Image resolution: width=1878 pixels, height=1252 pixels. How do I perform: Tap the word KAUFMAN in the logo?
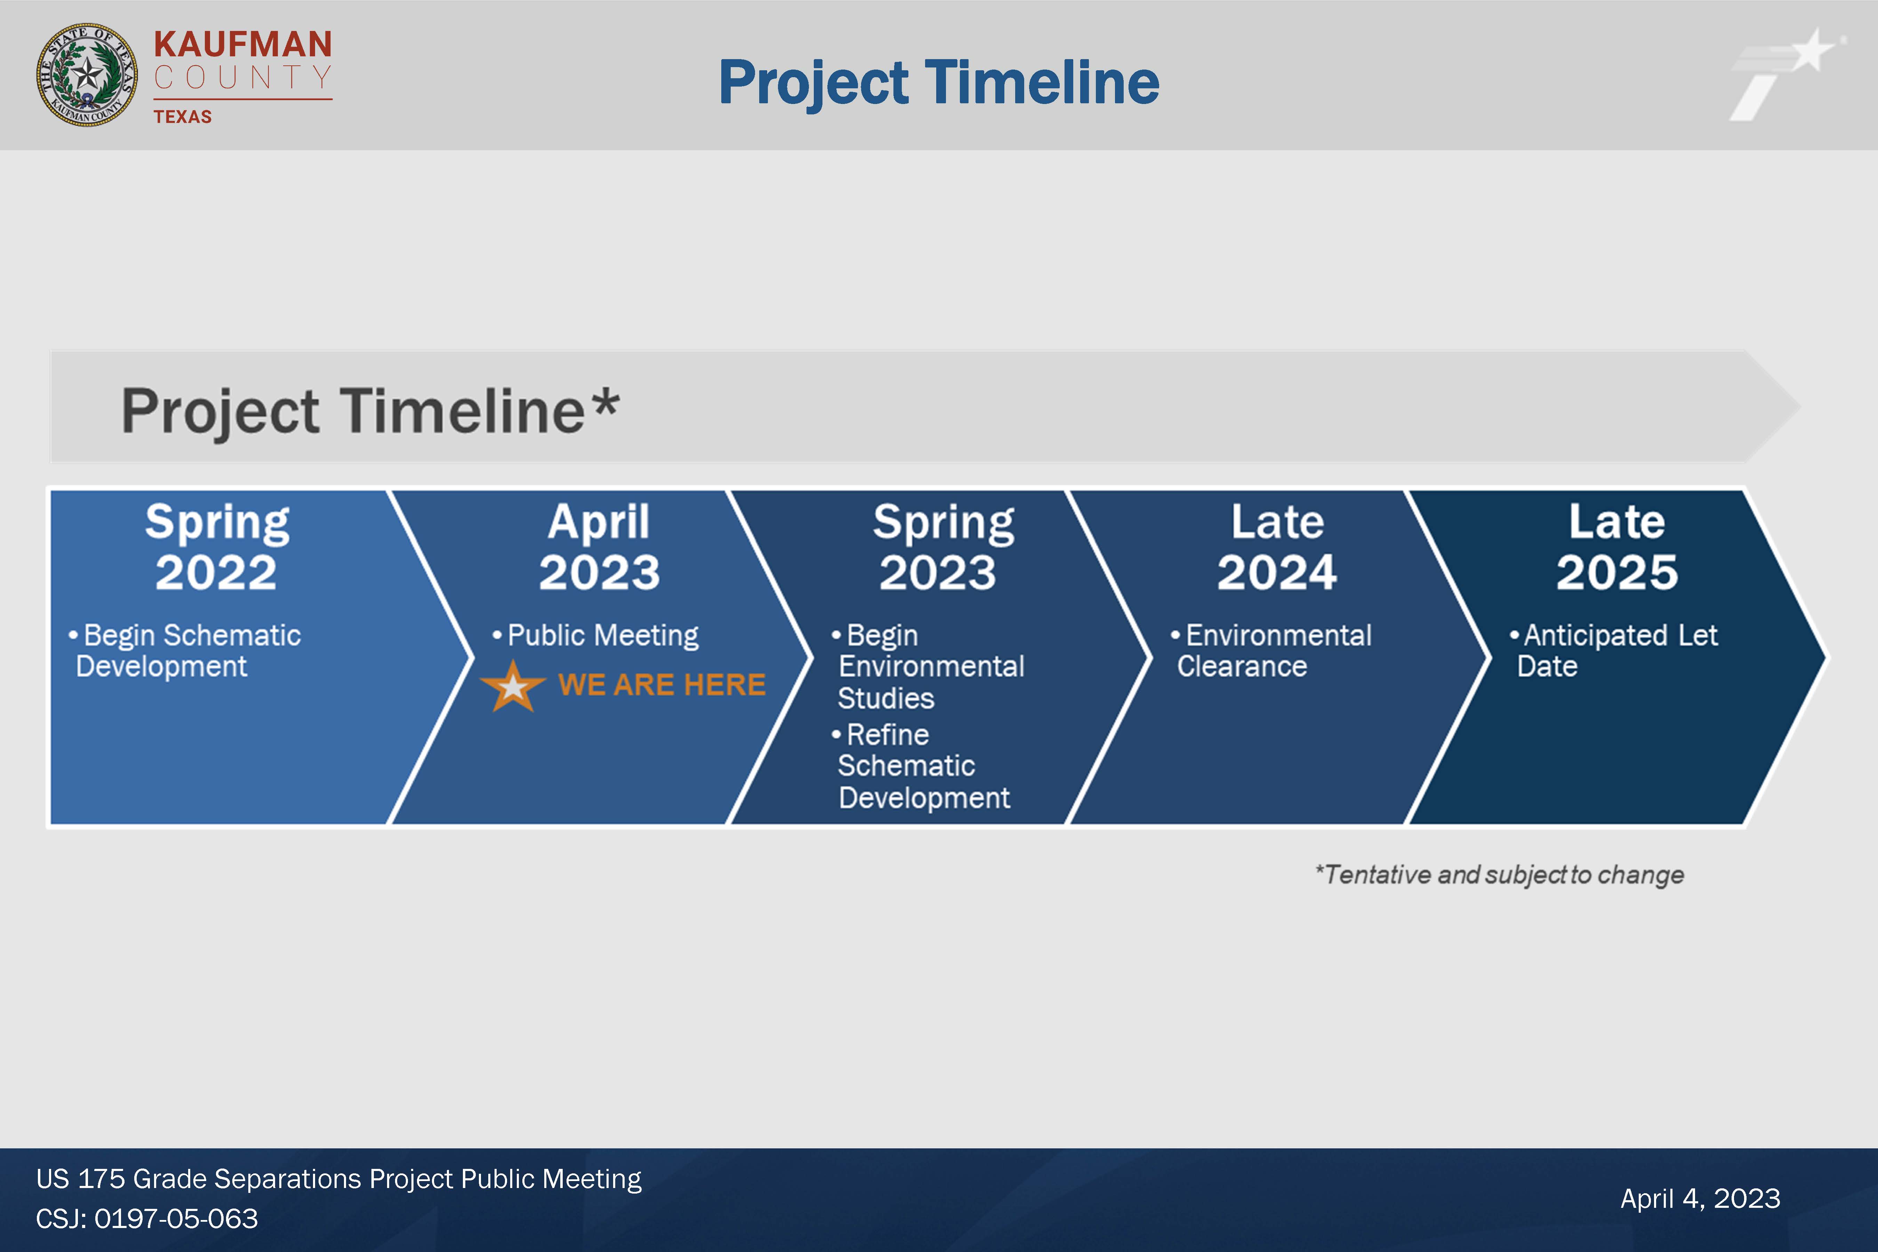(x=243, y=45)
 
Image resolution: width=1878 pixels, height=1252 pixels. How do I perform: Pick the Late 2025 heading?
(x=1617, y=548)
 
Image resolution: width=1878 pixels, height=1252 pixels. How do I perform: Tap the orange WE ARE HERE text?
(x=662, y=684)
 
